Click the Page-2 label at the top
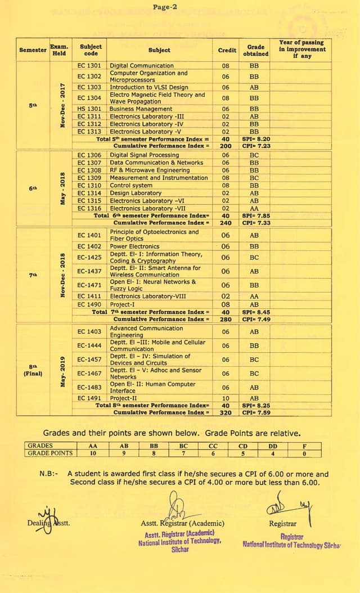165,7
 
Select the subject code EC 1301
89,66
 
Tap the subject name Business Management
141,109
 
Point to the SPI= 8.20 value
256,138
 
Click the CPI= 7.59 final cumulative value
256,412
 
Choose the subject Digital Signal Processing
144,155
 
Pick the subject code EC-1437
89,271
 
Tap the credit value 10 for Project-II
226,398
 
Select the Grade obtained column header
255,51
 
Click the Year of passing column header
301,50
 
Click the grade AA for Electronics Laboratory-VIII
254,296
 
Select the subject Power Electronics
134,246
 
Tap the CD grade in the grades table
242,446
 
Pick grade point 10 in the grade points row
93,453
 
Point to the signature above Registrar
289,504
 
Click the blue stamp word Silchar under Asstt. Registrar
180,549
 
